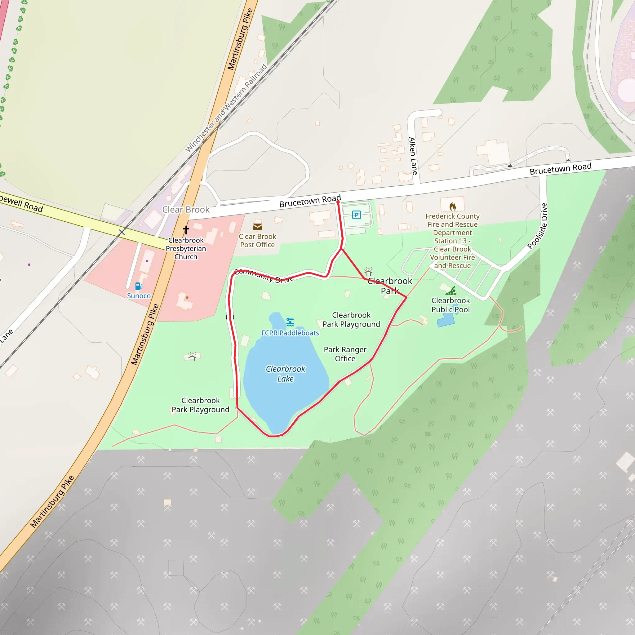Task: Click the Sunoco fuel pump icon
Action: [x=139, y=286]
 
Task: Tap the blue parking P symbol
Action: [x=356, y=215]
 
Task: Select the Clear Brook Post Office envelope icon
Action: [x=257, y=226]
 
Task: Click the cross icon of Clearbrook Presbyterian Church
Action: [x=186, y=229]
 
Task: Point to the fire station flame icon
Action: [x=453, y=206]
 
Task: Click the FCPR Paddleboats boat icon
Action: [x=290, y=322]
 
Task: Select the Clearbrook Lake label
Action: [x=285, y=374]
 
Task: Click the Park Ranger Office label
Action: [x=345, y=354]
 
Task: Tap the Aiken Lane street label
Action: [x=413, y=156]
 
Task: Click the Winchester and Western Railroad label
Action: [x=226, y=108]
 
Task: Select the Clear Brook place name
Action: [x=186, y=209]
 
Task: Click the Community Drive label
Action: [x=264, y=275]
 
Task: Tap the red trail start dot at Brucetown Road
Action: [x=338, y=202]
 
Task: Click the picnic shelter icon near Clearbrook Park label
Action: [x=368, y=272]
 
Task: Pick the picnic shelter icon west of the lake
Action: [x=192, y=357]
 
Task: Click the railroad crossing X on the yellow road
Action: [x=122, y=232]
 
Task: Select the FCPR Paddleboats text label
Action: [x=290, y=333]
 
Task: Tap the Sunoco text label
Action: [x=139, y=296]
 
